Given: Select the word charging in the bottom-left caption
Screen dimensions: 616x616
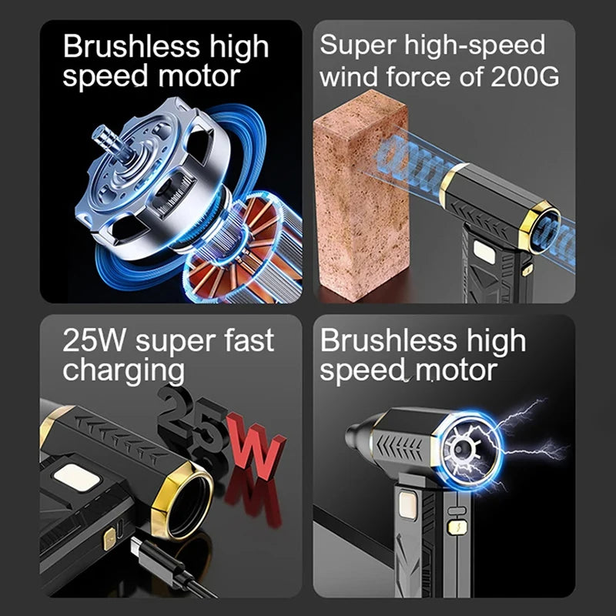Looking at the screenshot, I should click(x=123, y=370).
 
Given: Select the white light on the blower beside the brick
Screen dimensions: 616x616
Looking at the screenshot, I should click(x=484, y=251).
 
